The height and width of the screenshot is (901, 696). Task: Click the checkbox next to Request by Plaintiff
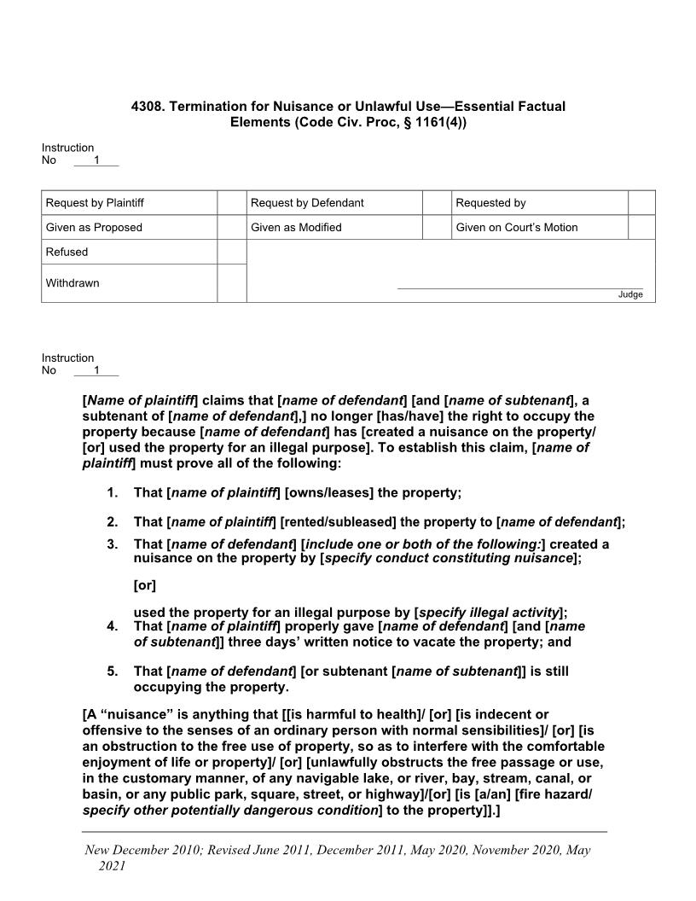231,203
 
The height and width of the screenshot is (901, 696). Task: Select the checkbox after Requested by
641,203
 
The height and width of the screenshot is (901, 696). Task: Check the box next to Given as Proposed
231,228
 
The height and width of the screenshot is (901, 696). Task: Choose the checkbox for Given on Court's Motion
641,228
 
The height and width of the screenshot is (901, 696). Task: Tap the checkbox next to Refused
231,253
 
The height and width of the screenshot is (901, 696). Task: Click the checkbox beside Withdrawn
231,283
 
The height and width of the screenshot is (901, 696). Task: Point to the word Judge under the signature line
630,295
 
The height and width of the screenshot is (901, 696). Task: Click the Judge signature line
519,288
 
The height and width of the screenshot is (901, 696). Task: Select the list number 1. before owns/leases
113,493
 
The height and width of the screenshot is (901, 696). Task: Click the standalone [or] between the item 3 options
145,585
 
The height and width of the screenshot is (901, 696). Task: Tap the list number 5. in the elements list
113,671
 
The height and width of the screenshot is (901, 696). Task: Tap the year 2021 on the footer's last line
113,865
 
